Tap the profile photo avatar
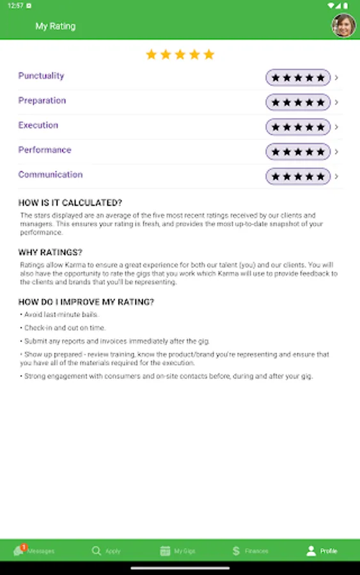point(343,26)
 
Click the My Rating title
point(55,26)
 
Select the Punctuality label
point(41,76)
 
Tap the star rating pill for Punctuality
point(298,78)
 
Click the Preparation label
point(42,101)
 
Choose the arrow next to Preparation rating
point(337,102)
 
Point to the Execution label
point(38,125)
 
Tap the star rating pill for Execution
point(298,127)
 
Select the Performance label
point(44,150)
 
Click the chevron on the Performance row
point(337,151)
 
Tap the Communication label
point(50,174)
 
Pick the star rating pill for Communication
point(298,176)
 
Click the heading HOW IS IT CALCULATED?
point(70,203)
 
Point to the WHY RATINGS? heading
point(50,252)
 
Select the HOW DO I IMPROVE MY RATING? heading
point(86,302)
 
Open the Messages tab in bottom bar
point(35,550)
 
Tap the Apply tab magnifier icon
point(97,550)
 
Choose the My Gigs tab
point(177,550)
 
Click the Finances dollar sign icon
point(236,550)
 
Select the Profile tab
point(322,550)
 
